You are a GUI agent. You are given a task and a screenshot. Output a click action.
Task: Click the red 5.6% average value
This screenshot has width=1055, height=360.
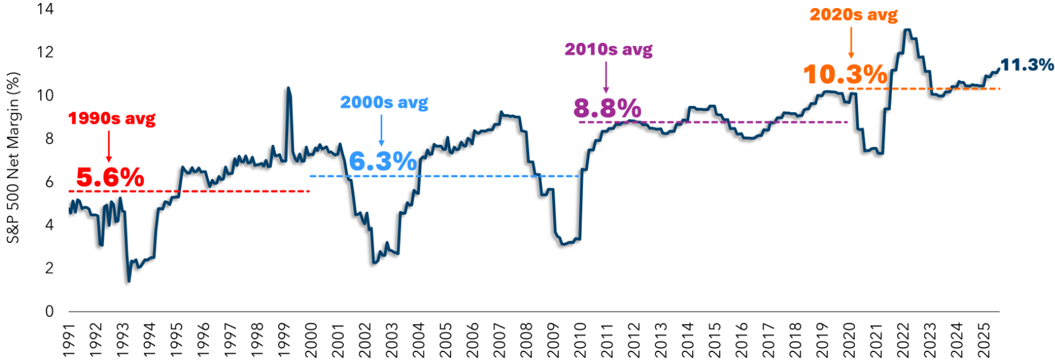[x=110, y=178]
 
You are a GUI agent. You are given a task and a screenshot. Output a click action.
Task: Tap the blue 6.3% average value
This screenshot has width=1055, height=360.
[x=382, y=162]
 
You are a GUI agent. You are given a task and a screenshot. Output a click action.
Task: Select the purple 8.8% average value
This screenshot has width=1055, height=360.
[x=607, y=108]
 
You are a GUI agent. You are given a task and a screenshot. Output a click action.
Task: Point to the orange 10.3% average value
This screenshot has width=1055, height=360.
[x=845, y=75]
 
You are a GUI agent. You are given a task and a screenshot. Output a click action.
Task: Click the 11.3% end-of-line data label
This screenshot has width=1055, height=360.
[x=1027, y=64]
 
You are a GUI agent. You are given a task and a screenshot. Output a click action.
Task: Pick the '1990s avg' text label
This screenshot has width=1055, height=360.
[x=112, y=118]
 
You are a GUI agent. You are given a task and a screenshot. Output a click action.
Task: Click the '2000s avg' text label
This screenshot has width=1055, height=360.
[x=384, y=102]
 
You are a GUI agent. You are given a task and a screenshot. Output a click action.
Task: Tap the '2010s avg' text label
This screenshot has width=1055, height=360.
[x=608, y=50]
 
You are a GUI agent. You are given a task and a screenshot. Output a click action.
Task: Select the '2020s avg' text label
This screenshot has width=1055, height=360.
[x=853, y=14]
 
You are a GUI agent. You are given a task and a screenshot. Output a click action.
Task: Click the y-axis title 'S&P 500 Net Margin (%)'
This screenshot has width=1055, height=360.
[x=13, y=158]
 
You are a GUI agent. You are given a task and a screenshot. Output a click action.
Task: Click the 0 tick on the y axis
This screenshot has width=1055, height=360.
[x=50, y=311]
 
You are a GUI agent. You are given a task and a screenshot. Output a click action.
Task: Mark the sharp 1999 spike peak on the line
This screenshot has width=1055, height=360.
[x=288, y=88]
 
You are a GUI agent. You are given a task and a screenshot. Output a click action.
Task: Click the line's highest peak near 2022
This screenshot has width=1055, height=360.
[x=907, y=30]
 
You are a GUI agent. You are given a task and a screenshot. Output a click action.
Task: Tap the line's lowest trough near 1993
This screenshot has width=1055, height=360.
[x=129, y=281]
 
